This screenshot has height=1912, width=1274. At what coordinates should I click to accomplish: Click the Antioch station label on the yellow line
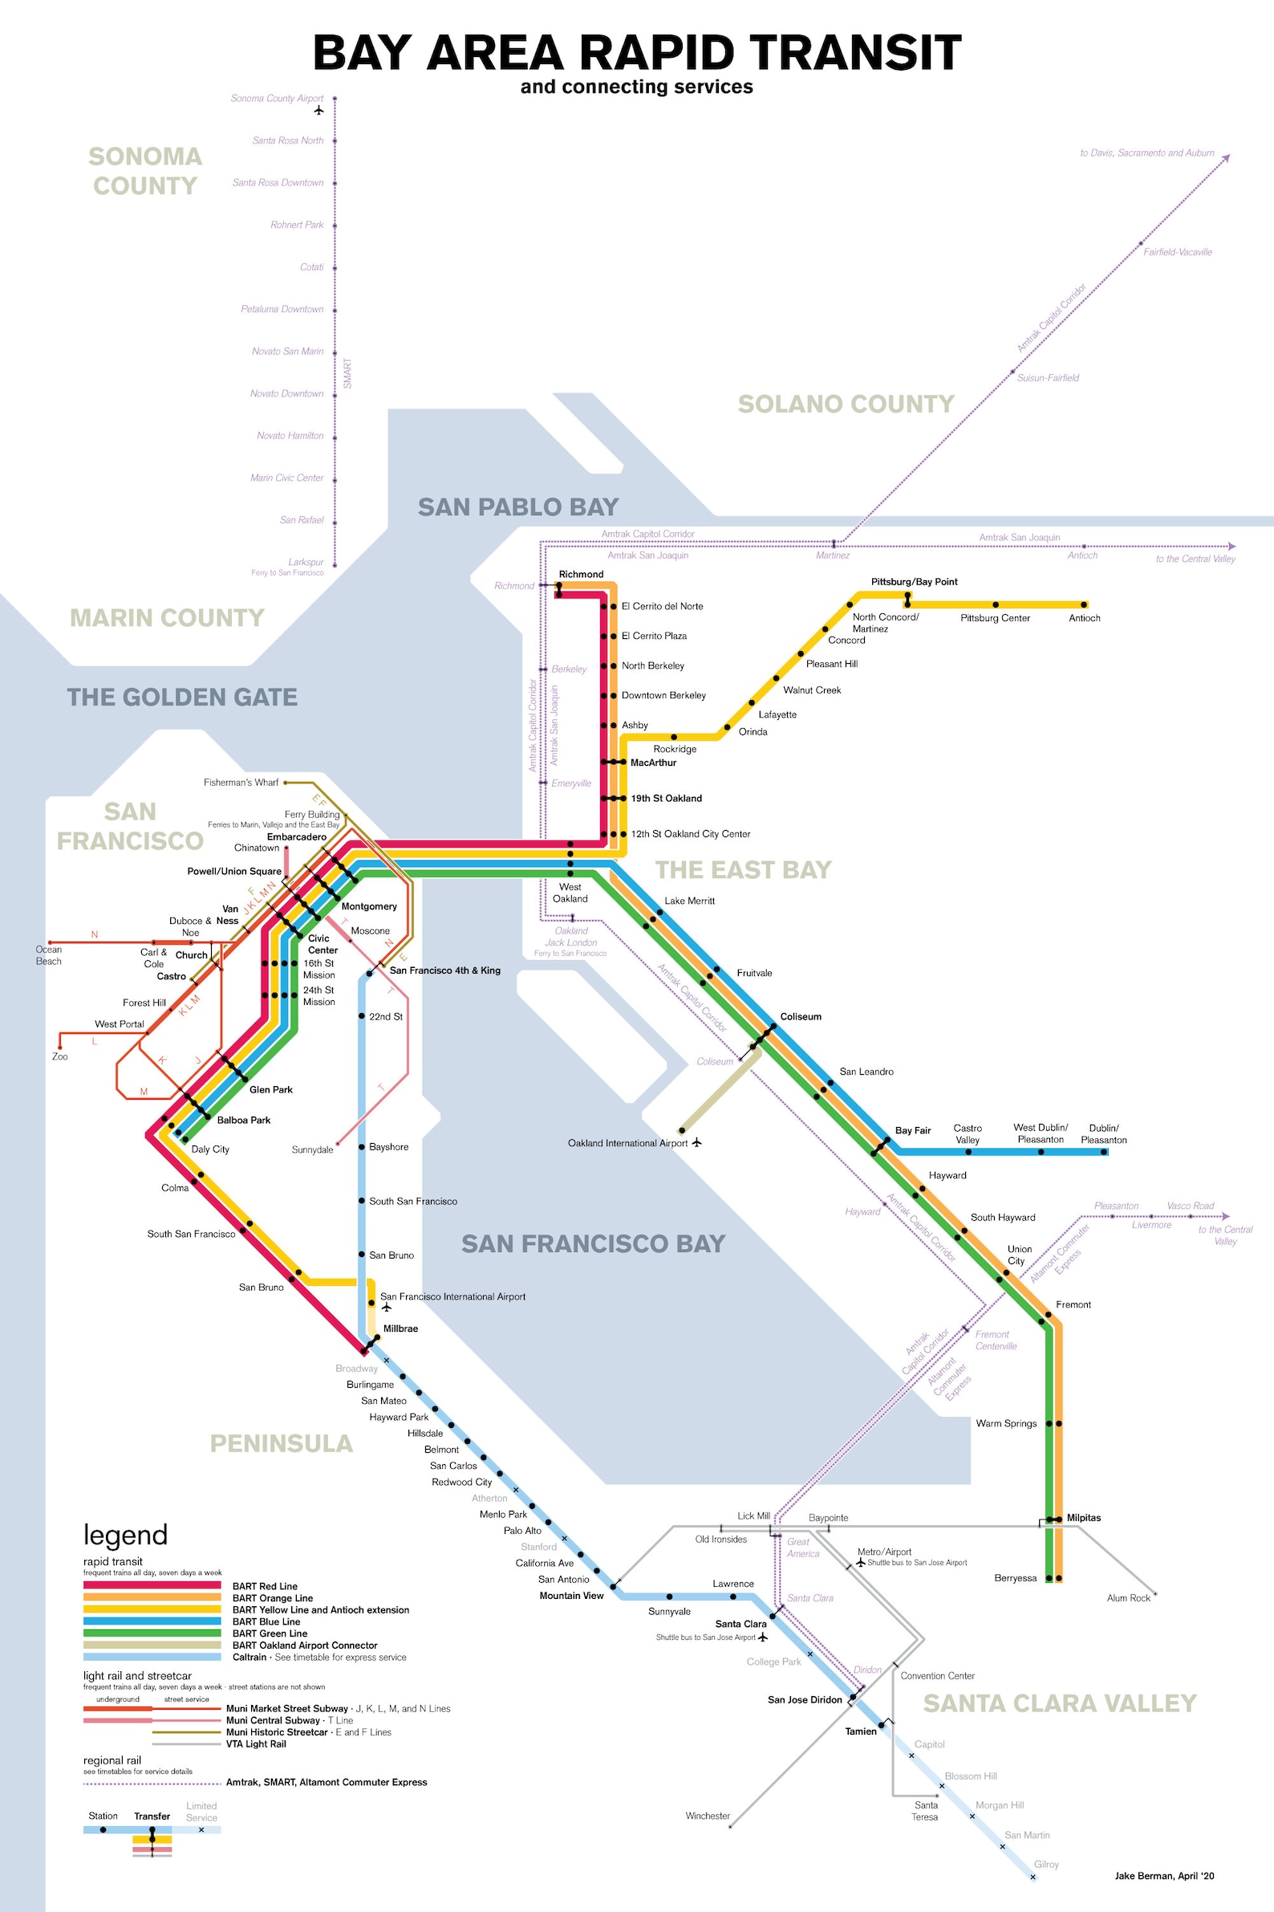1084,618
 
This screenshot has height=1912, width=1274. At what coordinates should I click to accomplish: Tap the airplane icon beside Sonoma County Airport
318,110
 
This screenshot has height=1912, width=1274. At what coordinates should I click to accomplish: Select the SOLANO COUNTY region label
846,404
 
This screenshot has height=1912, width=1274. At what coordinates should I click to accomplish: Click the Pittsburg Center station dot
996,604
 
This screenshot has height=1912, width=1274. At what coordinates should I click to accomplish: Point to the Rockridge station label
675,749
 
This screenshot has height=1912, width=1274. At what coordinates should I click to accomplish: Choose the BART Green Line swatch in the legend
152,1633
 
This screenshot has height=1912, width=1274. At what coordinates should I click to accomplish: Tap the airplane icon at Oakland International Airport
696,1142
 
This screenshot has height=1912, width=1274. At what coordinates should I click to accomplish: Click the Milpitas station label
1083,1518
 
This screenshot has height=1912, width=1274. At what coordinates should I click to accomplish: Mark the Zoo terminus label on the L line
60,1057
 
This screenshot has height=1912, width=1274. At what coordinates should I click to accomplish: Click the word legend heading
125,1535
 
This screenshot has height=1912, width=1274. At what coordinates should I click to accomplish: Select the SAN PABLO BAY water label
517,507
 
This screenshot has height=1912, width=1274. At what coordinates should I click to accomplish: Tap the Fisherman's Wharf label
241,782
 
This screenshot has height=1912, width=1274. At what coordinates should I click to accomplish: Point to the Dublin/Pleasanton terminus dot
1103,1152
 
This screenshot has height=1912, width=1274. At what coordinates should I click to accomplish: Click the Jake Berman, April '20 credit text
1163,1875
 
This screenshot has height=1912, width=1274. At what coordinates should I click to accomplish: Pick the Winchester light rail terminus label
707,1815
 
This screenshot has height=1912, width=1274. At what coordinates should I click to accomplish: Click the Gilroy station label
1045,1864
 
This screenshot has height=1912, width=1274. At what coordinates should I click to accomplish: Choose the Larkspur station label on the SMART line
306,562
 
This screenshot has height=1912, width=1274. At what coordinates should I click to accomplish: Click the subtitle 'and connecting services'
636,87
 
